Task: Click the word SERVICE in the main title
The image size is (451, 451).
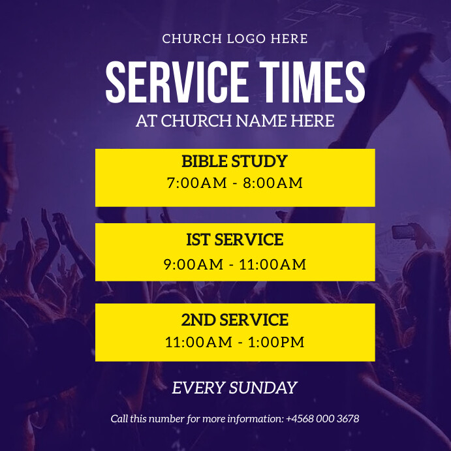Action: (176, 82)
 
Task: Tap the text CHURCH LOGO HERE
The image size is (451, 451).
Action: (235, 39)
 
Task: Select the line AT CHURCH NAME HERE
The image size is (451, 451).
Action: (235, 121)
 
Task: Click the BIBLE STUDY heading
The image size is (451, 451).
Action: (234, 161)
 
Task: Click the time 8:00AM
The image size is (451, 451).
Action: (273, 183)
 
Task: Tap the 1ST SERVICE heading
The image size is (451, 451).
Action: (234, 240)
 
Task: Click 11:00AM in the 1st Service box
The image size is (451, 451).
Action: (273, 264)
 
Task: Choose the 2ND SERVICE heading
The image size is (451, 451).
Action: (234, 320)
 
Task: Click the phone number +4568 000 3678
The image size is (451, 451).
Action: (322, 419)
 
